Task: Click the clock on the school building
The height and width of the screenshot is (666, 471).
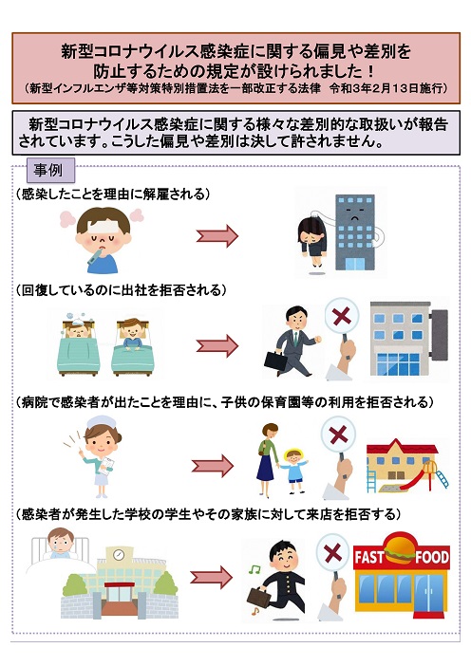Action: pyautogui.click(x=118, y=554)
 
